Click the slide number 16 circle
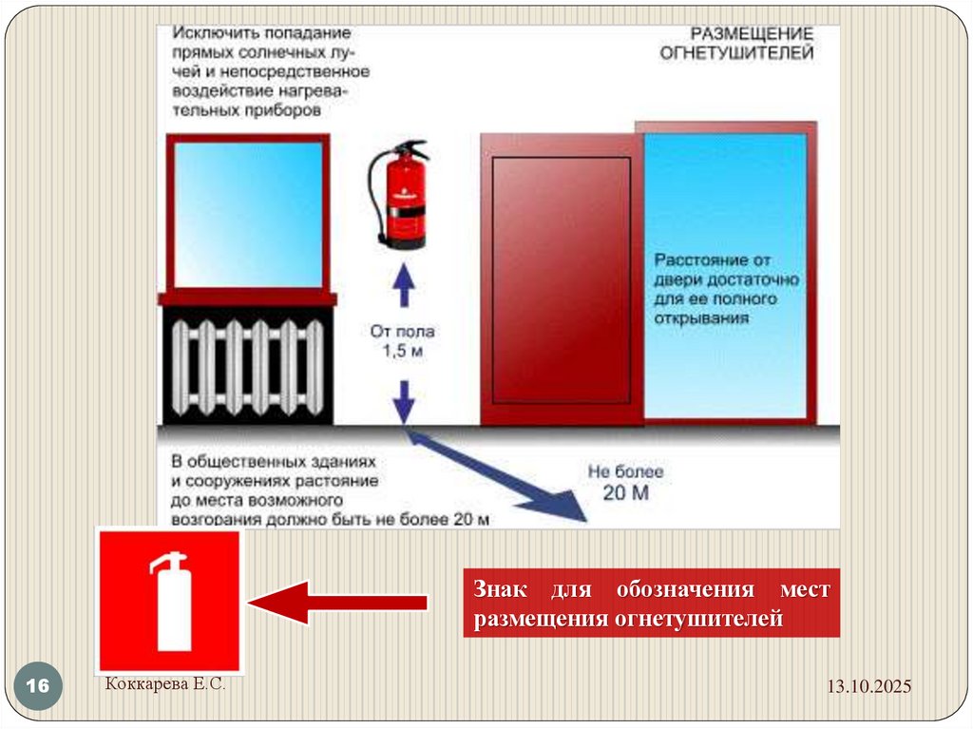pyautogui.click(x=38, y=685)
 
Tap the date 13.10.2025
pyautogui.click(x=868, y=686)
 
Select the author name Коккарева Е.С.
pyautogui.click(x=165, y=683)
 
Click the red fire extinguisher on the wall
pyautogui.click(x=399, y=194)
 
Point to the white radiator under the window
pyautogui.click(x=248, y=367)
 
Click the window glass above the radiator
pyautogui.click(x=248, y=215)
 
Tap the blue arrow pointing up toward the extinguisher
pyautogui.click(x=404, y=284)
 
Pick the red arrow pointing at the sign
pyautogui.click(x=337, y=603)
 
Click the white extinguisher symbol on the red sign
pyautogui.click(x=169, y=601)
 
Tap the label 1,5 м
pyautogui.click(x=403, y=351)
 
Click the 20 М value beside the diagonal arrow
pyautogui.click(x=626, y=493)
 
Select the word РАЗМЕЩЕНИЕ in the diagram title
pyautogui.click(x=752, y=33)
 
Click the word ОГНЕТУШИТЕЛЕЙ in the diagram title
pyautogui.click(x=736, y=53)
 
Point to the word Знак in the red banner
pyautogui.click(x=501, y=588)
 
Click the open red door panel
pyautogui.click(x=562, y=279)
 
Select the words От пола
pyautogui.click(x=402, y=332)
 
